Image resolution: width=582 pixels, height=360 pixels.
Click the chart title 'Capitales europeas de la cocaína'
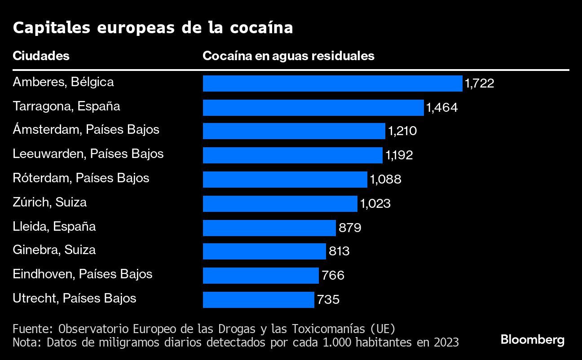[153, 28]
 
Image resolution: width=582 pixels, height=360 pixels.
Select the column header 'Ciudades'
[41, 56]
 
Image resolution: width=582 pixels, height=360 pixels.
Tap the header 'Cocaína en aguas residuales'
[288, 56]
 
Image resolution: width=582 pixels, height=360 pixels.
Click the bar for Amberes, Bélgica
[332, 83]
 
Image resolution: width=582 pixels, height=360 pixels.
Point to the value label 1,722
[479, 83]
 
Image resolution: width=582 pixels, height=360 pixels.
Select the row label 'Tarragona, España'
[66, 106]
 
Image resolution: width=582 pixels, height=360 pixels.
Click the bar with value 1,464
[313, 108]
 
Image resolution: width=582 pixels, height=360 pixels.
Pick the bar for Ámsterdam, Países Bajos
[294, 131]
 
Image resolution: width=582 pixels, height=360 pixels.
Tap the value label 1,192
[399, 155]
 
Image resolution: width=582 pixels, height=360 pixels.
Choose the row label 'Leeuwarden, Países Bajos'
[88, 154]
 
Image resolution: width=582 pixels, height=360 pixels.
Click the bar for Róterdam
[285, 180]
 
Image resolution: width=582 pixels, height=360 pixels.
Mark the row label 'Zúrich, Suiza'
[50, 202]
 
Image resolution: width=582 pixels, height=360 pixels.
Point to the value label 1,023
[375, 204]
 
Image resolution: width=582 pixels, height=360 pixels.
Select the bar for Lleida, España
[269, 228]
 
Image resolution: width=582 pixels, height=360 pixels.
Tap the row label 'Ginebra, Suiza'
[54, 250]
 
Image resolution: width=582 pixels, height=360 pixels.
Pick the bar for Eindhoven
[260, 276]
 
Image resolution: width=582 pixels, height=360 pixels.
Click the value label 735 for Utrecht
[328, 300]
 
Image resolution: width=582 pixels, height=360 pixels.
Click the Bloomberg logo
[533, 340]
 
